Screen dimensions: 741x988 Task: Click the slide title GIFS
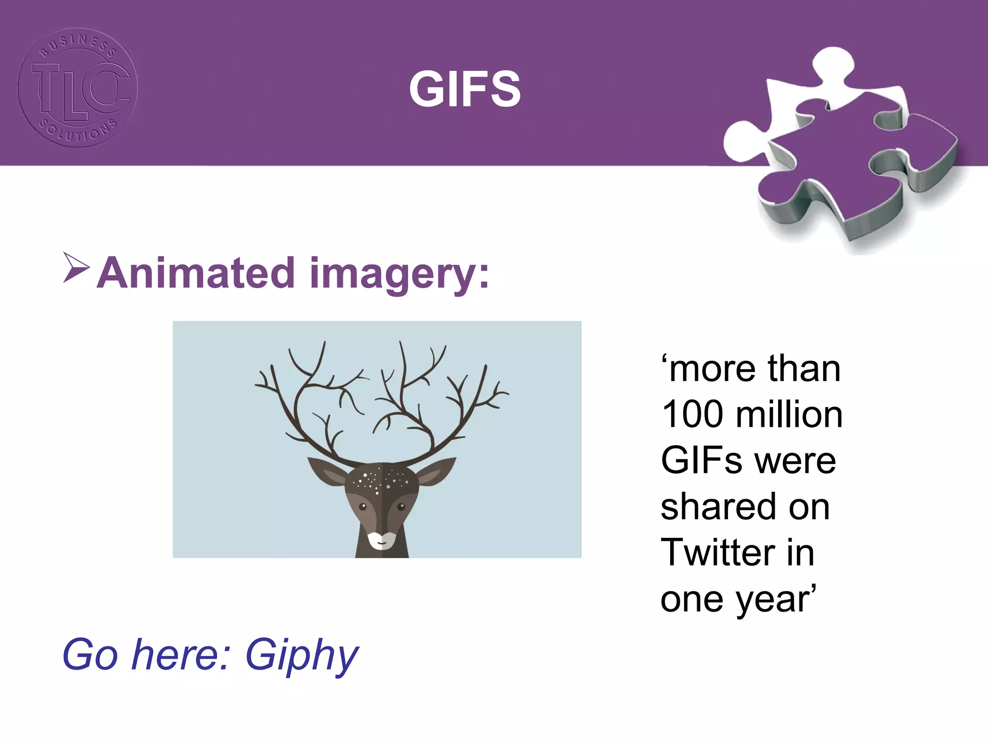pos(465,89)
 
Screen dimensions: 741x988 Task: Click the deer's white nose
pos(382,540)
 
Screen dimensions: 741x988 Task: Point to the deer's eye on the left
pos(363,507)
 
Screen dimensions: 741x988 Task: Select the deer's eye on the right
pos(401,507)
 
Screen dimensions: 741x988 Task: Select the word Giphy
pos(302,655)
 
